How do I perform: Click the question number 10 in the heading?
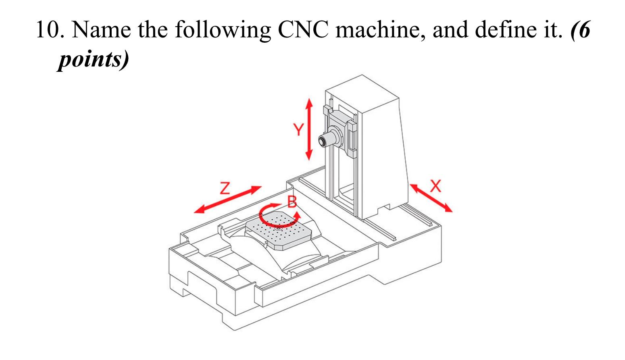[49, 29]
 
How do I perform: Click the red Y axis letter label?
[298, 130]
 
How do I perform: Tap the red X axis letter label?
[436, 186]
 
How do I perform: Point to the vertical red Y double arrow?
[309, 129]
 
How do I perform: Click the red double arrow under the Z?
[228, 200]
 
